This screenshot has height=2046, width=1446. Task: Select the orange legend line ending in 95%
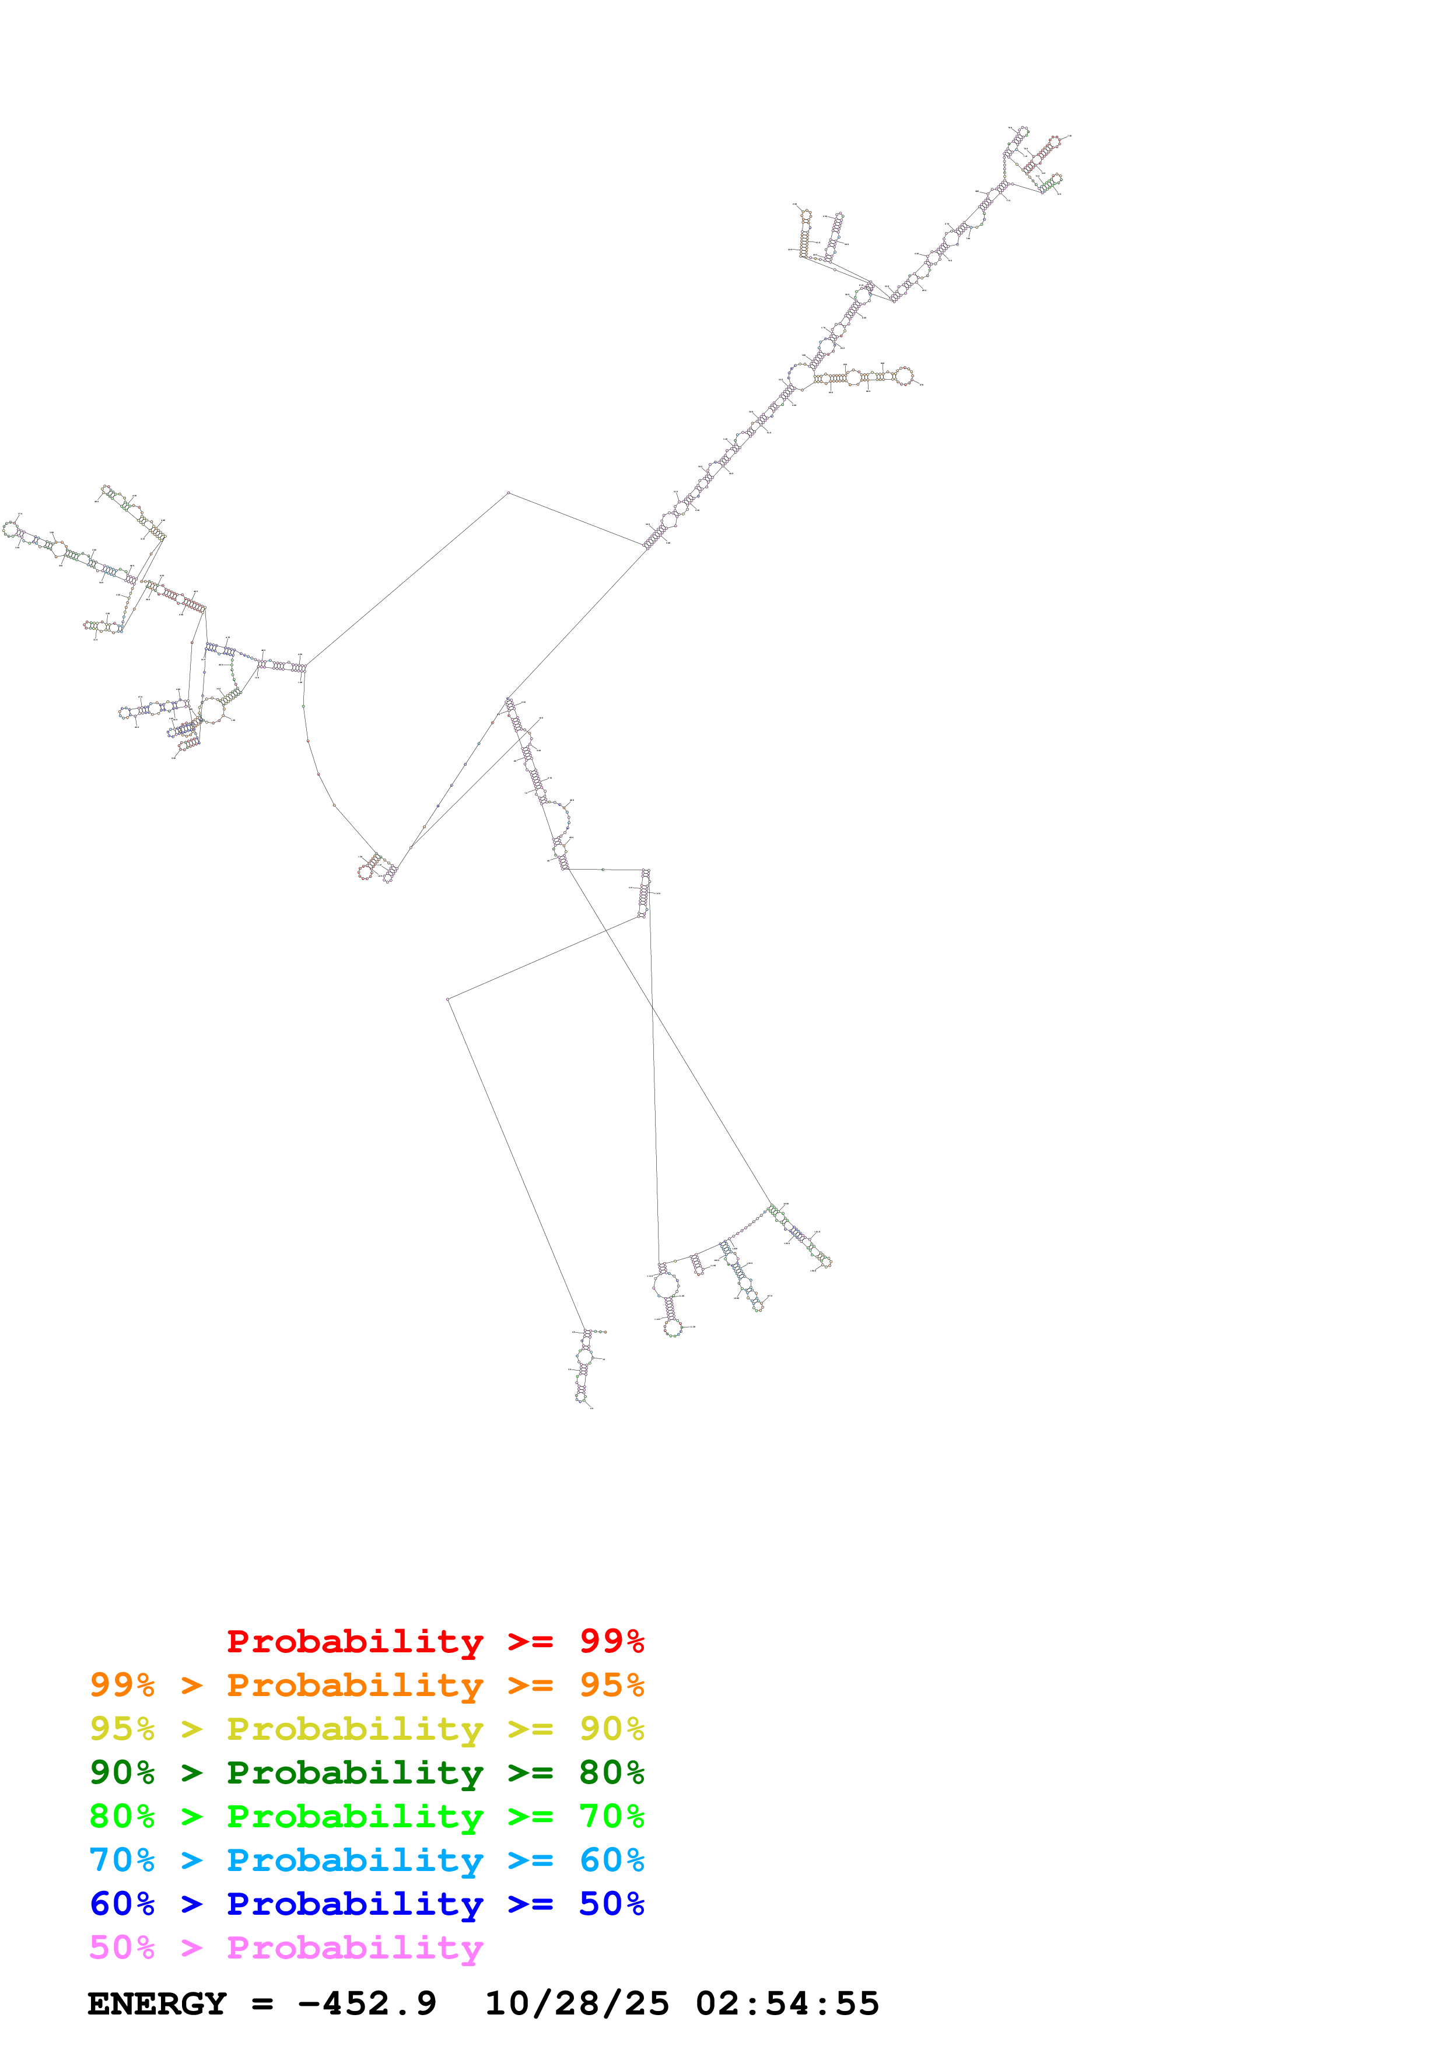coord(366,1685)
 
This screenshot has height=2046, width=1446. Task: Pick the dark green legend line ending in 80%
coord(366,1772)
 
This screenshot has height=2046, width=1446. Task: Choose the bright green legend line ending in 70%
coord(366,1816)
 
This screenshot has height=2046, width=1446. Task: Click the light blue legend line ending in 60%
coord(366,1860)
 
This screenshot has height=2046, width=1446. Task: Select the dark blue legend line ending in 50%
coord(366,1904)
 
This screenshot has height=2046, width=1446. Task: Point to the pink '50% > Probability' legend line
coord(286,1948)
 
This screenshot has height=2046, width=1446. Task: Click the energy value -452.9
coord(367,2004)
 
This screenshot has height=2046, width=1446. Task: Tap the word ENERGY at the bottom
coord(157,2004)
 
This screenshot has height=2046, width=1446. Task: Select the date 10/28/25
coord(576,2004)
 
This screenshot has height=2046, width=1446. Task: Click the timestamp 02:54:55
coord(787,2004)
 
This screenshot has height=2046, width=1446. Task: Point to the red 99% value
coord(611,1641)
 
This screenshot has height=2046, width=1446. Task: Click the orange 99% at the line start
coord(122,1685)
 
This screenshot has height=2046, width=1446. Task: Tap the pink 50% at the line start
coord(122,1948)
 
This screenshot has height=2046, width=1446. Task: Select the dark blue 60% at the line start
coord(122,1904)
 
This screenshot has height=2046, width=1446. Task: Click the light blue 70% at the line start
coord(122,1860)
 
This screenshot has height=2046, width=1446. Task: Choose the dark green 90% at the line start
coord(122,1772)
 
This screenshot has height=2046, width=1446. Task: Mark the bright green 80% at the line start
coord(122,1816)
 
